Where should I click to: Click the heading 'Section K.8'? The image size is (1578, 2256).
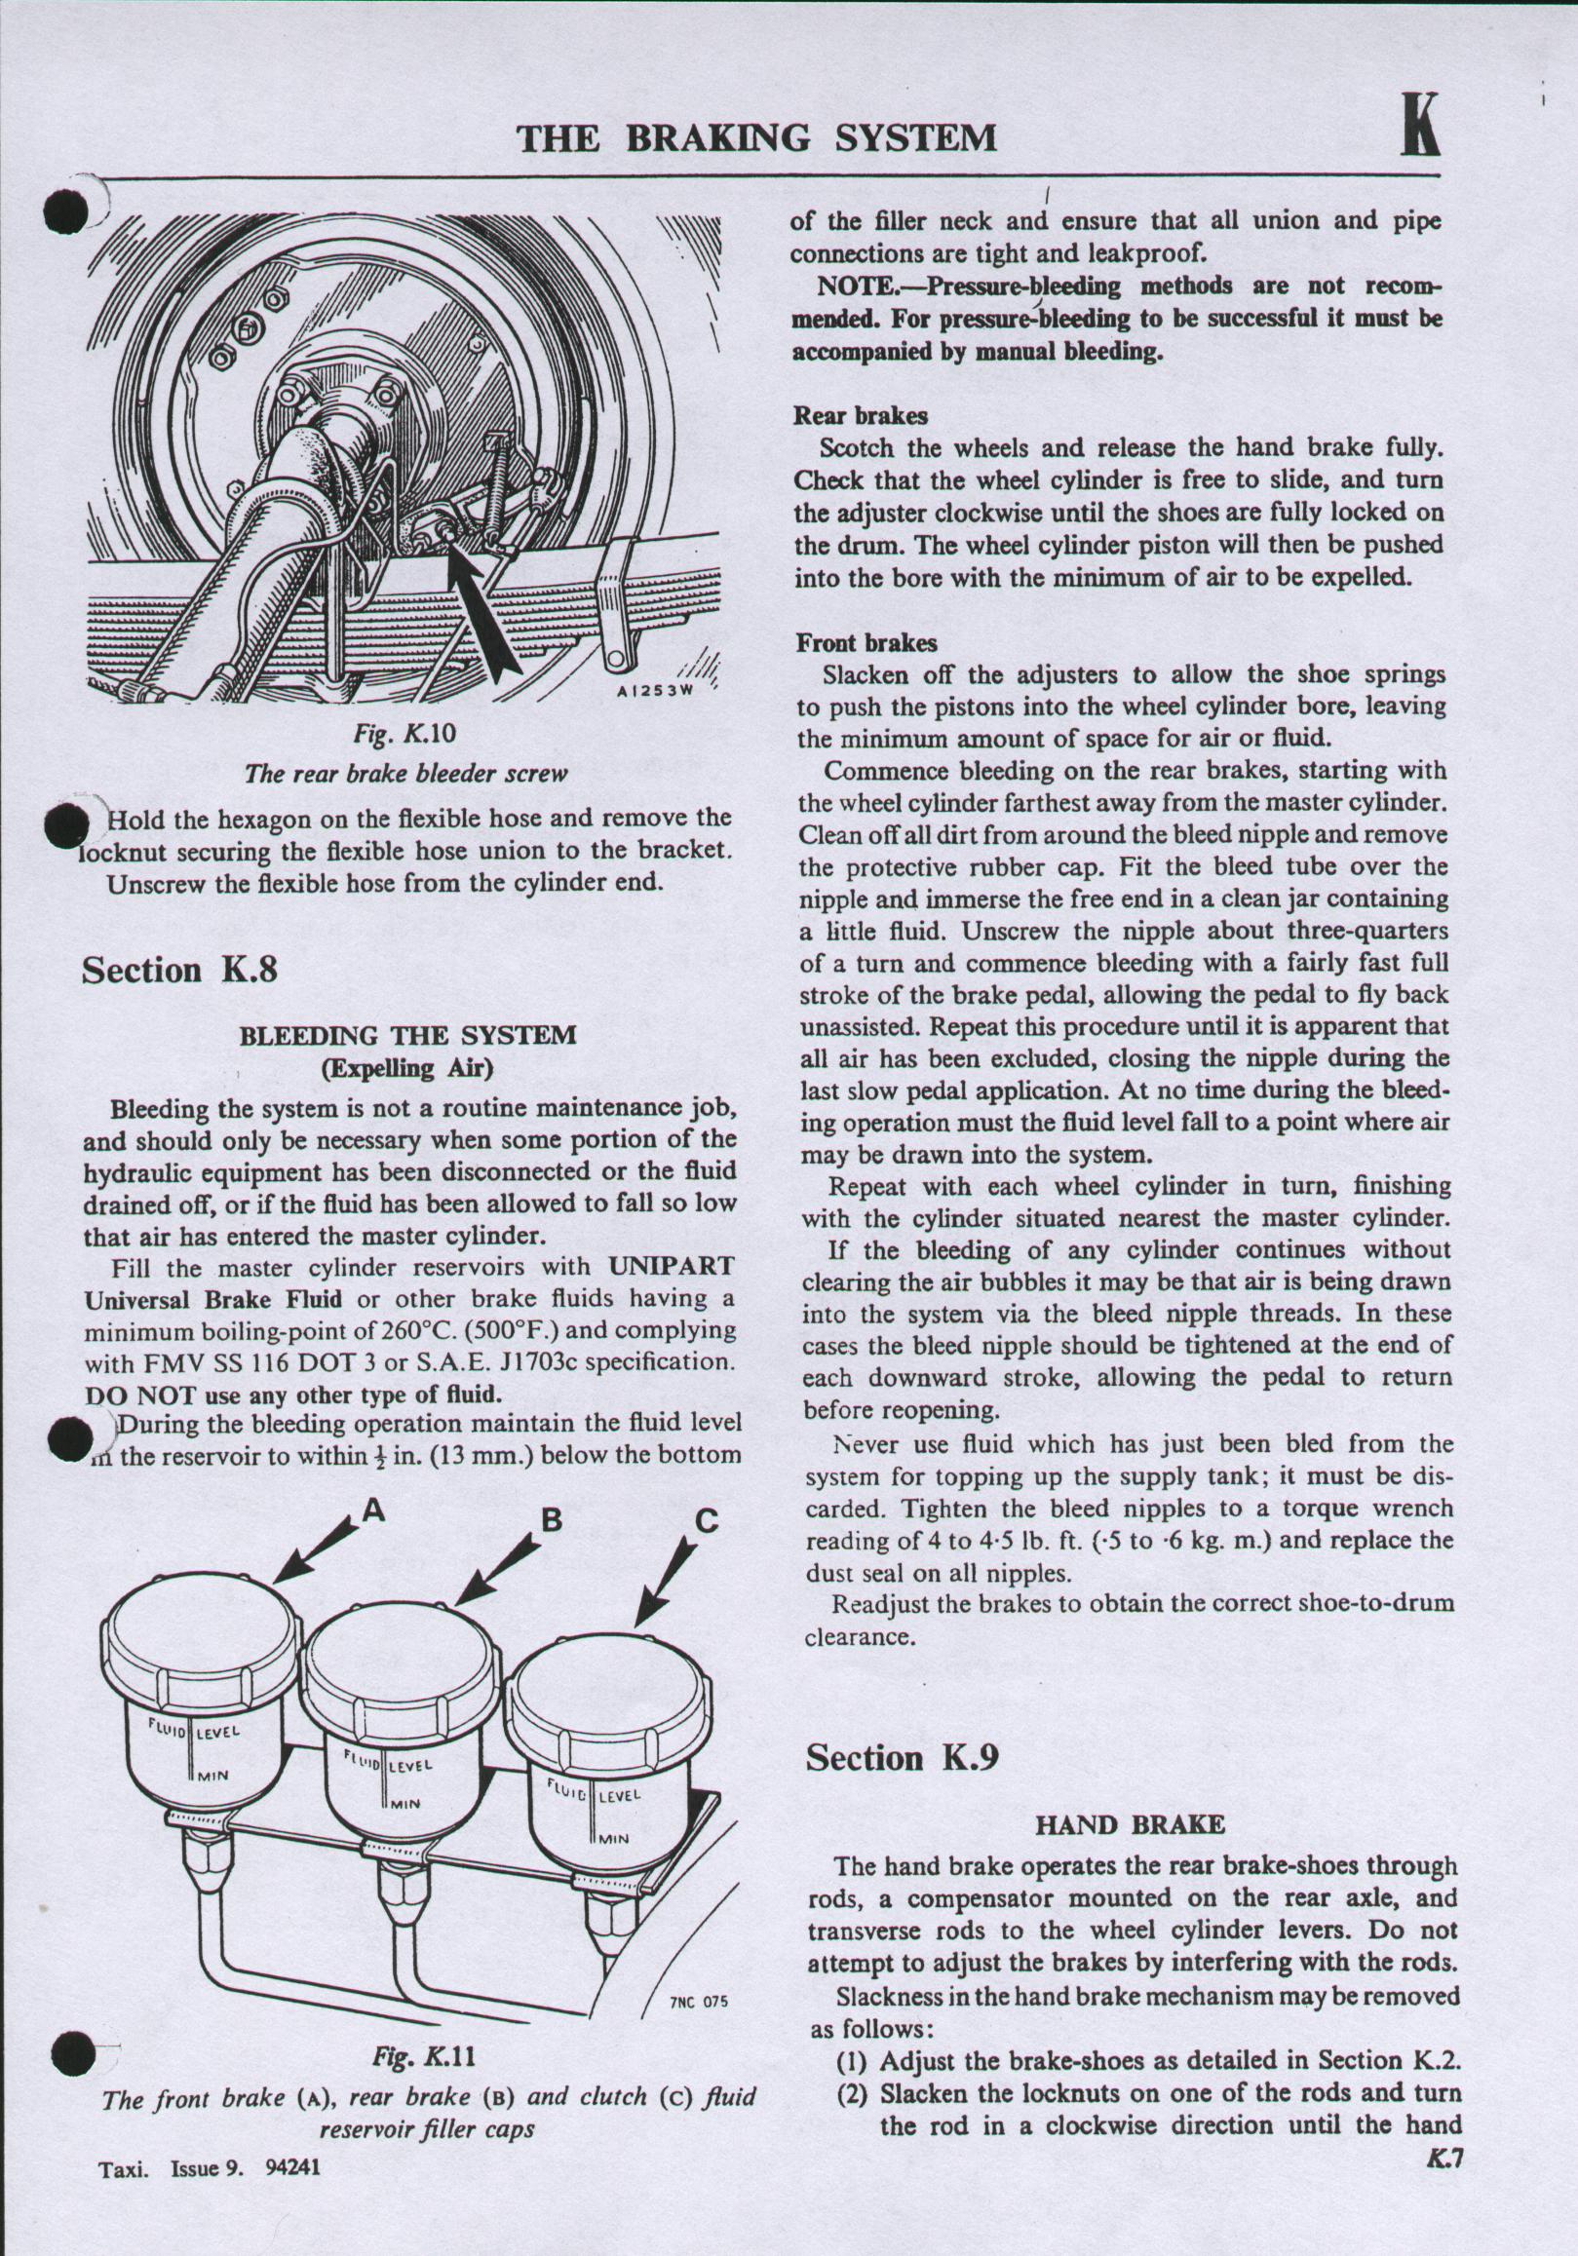tap(180, 970)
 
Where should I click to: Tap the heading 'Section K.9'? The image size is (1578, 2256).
tap(902, 1757)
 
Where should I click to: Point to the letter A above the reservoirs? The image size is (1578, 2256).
tap(372, 1512)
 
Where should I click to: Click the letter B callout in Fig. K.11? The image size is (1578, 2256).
tap(553, 1520)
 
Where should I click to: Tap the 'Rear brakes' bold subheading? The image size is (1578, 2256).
tap(861, 416)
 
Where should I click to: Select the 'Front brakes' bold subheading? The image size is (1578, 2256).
tap(866, 643)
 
